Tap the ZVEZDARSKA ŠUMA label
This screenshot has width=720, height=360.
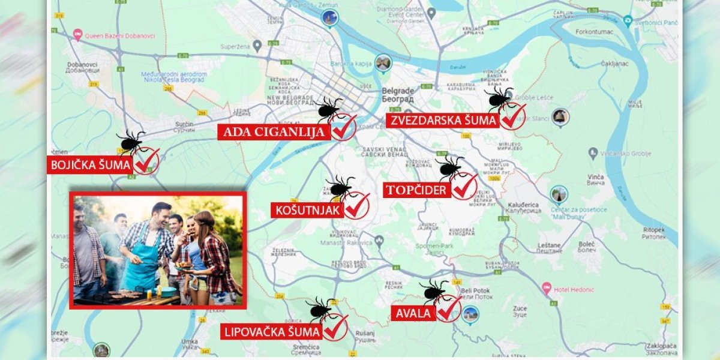click(x=443, y=121)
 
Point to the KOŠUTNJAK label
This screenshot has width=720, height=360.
click(x=308, y=210)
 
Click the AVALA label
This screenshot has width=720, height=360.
click(x=413, y=313)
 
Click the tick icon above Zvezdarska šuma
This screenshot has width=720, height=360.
click(x=499, y=98)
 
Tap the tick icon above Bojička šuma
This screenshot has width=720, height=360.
click(x=130, y=142)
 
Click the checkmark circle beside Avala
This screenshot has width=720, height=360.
click(x=448, y=309)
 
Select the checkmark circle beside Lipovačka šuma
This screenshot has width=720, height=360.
click(x=335, y=328)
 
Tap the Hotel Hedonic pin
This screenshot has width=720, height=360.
click(x=546, y=289)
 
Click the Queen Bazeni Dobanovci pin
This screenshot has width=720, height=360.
click(x=77, y=35)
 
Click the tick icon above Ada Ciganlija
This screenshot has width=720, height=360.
click(x=328, y=108)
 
